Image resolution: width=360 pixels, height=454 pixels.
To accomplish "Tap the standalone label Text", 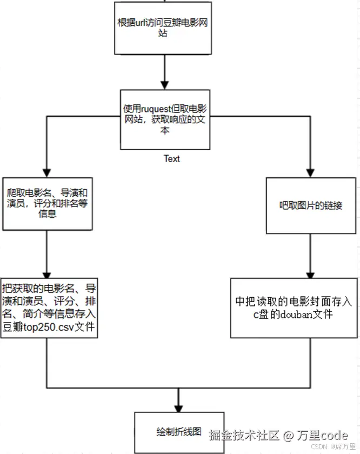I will [172, 158].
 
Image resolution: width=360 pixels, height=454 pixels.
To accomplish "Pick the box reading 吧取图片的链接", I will [310, 206].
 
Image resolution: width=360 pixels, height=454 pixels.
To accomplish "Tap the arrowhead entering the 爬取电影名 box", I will [48, 172].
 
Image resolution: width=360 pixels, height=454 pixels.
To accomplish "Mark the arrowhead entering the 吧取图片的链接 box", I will [310, 172].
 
